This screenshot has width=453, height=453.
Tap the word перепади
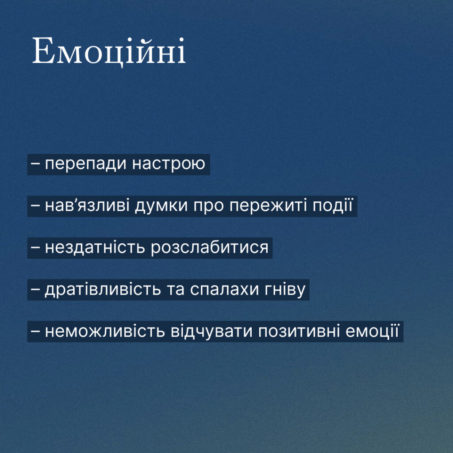coord(86,164)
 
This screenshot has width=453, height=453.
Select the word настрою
coord(169,164)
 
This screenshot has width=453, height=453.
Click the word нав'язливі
coord(87,206)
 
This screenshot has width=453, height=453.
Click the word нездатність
coord(95,248)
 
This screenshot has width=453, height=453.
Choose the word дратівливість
coord(103,289)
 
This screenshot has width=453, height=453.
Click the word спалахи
coord(224,289)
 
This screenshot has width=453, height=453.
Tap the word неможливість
coord(105,331)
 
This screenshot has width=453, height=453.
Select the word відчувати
coord(211,331)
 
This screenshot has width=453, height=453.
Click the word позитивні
coord(299,331)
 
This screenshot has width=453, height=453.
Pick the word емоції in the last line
coord(372,331)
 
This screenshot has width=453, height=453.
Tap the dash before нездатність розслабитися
coord(35,248)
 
